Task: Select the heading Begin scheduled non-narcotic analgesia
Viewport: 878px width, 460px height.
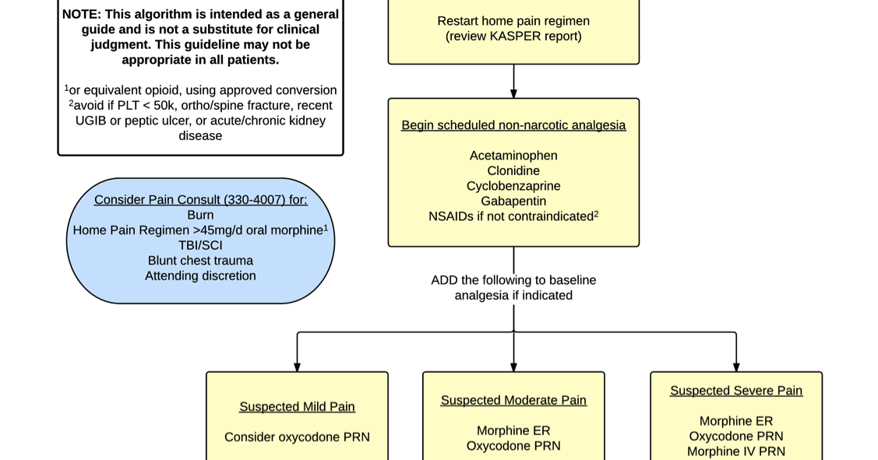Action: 513,125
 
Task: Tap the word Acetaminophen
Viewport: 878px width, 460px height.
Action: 513,156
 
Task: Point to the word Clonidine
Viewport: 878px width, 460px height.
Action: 513,170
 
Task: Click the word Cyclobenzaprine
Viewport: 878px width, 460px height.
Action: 513,186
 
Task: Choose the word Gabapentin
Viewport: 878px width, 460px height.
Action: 513,201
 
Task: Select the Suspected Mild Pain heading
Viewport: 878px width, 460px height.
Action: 297,406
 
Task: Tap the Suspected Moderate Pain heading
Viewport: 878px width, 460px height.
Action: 513,400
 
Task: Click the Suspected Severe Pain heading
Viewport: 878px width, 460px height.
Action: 736,391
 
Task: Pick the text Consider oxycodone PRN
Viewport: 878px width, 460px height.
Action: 297,437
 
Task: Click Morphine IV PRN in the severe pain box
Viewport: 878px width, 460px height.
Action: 736,451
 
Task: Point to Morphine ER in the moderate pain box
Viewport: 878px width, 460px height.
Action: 513,430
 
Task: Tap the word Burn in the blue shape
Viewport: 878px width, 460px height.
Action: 200,215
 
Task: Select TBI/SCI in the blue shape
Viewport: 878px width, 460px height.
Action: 200,245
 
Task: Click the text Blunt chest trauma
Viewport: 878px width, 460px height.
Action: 200,261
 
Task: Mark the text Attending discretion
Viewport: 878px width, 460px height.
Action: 200,276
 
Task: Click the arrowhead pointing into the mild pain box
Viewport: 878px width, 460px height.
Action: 297,367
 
